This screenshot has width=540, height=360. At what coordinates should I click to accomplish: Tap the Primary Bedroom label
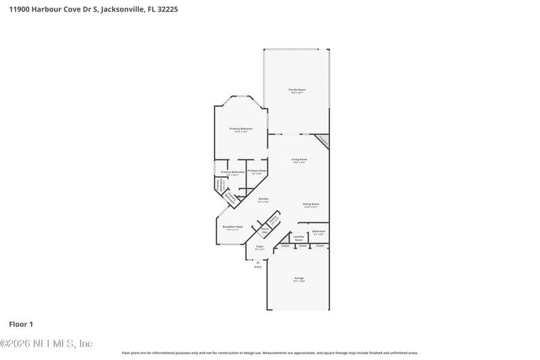(240, 128)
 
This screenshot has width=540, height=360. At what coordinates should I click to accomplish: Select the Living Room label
(299, 159)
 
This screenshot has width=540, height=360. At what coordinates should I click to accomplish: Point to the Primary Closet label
(256, 171)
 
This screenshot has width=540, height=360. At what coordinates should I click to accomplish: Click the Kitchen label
(263, 199)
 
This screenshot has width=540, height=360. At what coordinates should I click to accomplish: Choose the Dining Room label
(310, 204)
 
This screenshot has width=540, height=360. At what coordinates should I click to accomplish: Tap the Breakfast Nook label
(233, 227)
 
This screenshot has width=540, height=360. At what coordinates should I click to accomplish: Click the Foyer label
(259, 247)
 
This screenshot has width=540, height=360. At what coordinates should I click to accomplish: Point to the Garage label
(299, 278)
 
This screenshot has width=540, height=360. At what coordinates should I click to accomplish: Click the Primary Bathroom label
(232, 172)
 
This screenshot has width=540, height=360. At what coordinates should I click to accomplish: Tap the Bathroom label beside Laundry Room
(319, 232)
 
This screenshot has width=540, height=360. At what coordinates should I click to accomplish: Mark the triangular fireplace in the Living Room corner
(323, 140)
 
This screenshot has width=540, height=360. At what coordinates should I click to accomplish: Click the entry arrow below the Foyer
(258, 261)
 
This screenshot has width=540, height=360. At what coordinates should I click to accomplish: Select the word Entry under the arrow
(258, 267)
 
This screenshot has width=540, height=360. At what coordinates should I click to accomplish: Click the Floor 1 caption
(20, 325)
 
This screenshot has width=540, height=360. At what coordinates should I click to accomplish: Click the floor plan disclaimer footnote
(270, 353)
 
